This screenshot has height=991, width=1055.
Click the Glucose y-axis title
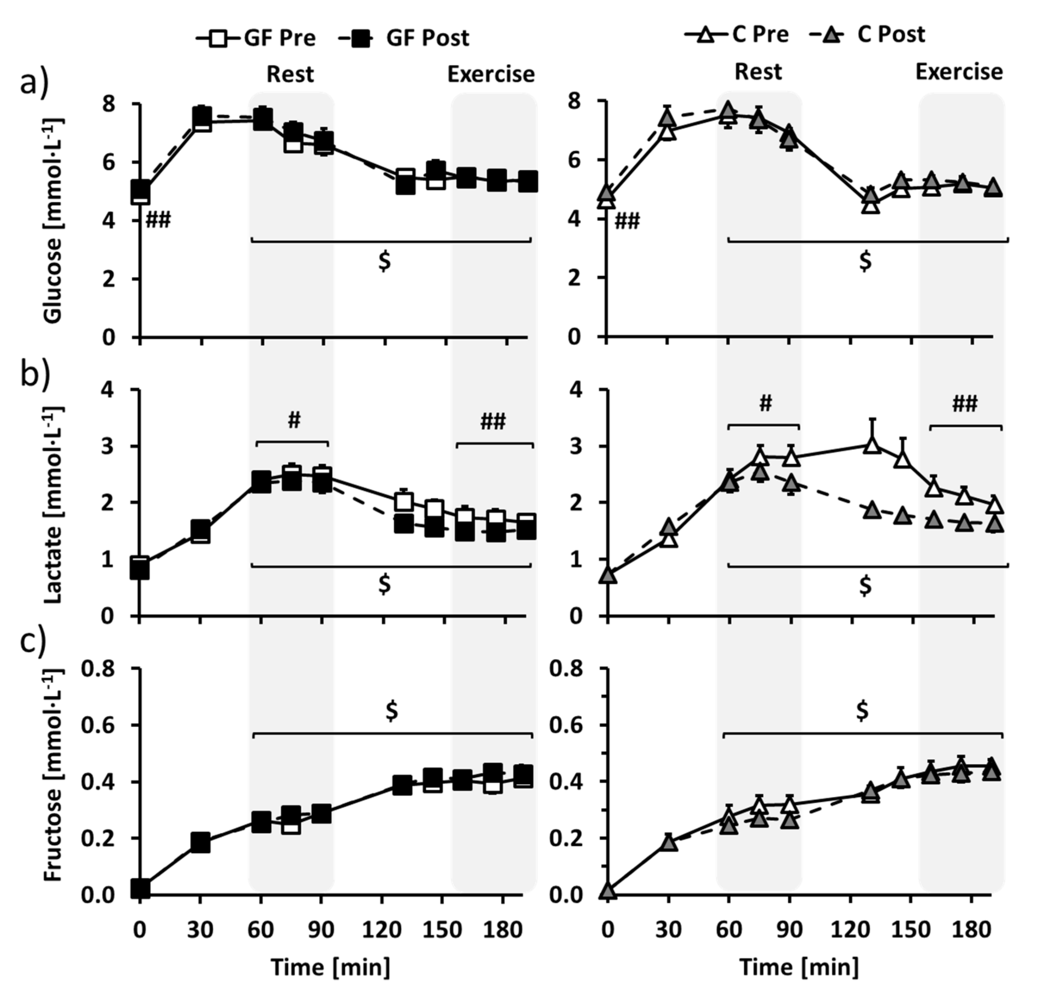click(53, 220)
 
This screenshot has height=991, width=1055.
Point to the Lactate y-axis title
click(53, 504)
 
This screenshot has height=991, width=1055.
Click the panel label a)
click(34, 82)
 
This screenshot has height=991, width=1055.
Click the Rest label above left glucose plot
click(290, 74)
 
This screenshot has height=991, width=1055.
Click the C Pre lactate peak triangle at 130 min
click(871, 446)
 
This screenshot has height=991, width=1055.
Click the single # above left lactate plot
click(294, 421)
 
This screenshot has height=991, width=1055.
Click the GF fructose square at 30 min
click(200, 842)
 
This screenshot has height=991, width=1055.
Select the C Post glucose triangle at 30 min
click(668, 117)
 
